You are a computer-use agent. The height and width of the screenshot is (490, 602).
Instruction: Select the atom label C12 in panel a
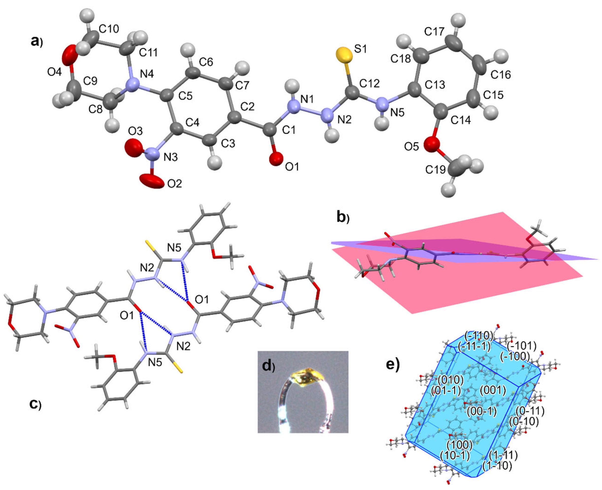point(370,84)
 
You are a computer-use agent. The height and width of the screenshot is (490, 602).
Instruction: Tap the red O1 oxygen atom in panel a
point(276,159)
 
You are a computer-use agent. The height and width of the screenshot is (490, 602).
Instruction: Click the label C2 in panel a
point(248,106)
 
